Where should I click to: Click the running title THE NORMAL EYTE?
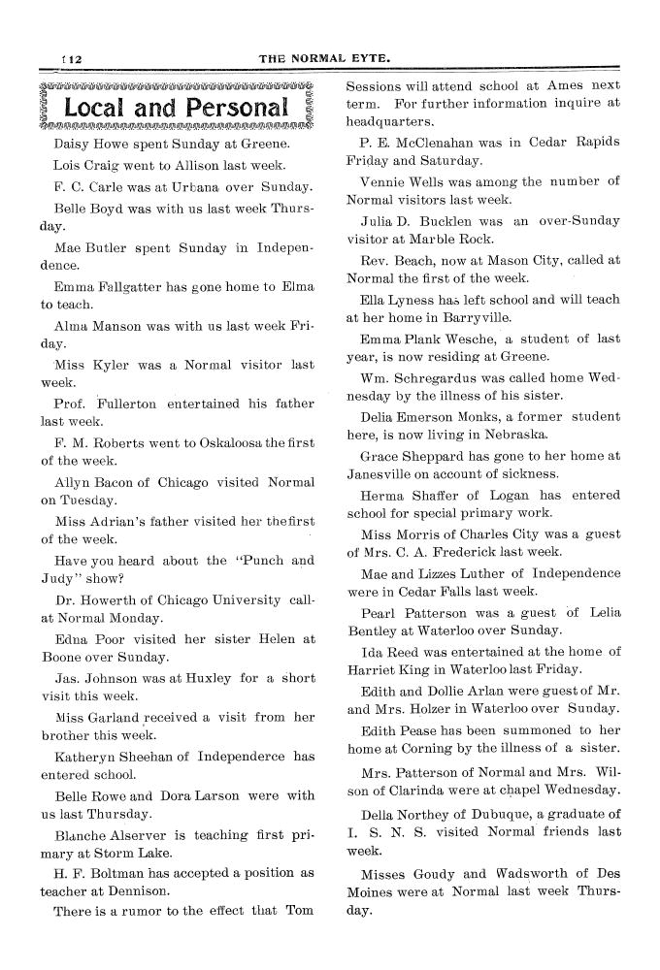point(325,59)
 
